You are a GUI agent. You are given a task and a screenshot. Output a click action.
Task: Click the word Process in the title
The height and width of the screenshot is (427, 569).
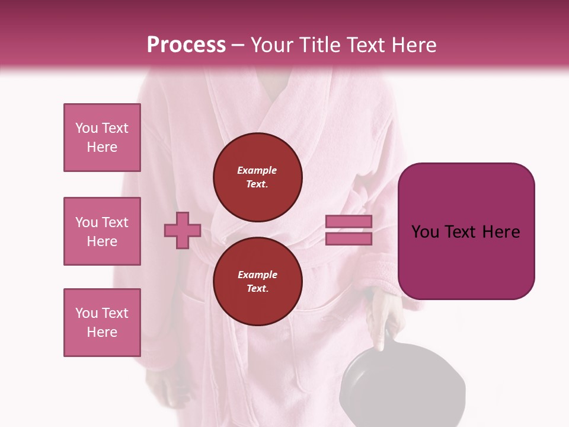pos(186,45)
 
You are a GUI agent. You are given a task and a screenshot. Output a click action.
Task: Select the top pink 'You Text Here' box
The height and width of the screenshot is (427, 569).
pos(102,138)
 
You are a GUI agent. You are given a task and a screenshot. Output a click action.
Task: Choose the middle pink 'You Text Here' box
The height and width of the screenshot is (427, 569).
pos(102,231)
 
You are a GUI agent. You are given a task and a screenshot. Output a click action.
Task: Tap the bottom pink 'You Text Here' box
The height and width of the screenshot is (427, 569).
pos(102,323)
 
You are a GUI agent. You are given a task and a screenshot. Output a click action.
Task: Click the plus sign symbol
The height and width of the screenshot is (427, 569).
pos(183,231)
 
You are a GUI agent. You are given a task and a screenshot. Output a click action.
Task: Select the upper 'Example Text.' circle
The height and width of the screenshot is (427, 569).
pos(257,177)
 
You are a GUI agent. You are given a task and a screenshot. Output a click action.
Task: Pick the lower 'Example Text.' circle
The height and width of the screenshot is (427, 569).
pos(257,282)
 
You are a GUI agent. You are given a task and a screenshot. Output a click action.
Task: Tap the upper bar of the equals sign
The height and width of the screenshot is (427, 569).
pos(349,222)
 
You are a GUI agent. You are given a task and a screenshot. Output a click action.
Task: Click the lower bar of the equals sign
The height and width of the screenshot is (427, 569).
pos(349,238)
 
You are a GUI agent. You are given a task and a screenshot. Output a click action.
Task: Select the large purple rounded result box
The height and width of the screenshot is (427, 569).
pos(466,231)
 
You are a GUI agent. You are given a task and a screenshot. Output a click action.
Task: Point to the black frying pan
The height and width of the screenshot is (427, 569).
pos(373,380)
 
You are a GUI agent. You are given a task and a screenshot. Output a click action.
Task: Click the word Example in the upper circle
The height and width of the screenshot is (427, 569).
pos(257,171)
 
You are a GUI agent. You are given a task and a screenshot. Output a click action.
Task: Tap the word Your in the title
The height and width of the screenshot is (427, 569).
pos(272,45)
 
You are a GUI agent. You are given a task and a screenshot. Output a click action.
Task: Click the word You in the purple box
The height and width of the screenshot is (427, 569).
pos(425,232)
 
